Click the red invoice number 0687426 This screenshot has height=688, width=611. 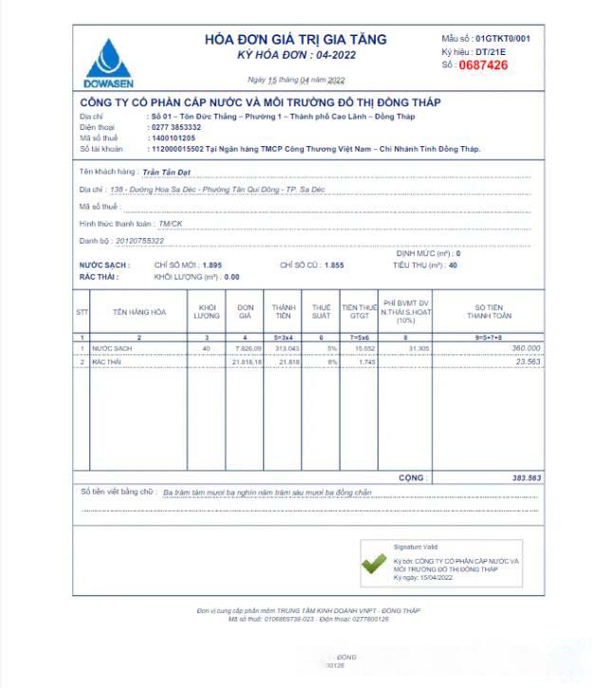coord(483,65)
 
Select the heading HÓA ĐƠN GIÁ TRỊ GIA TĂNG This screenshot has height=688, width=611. coord(296,40)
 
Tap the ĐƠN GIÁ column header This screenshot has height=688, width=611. coord(245,311)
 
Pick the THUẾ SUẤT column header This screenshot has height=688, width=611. coord(322,311)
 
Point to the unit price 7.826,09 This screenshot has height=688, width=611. coord(247,349)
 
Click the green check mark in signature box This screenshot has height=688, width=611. coord(374,564)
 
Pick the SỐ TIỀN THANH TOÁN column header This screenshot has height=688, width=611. coord(489,311)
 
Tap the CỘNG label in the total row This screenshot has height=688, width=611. coord(411,477)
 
